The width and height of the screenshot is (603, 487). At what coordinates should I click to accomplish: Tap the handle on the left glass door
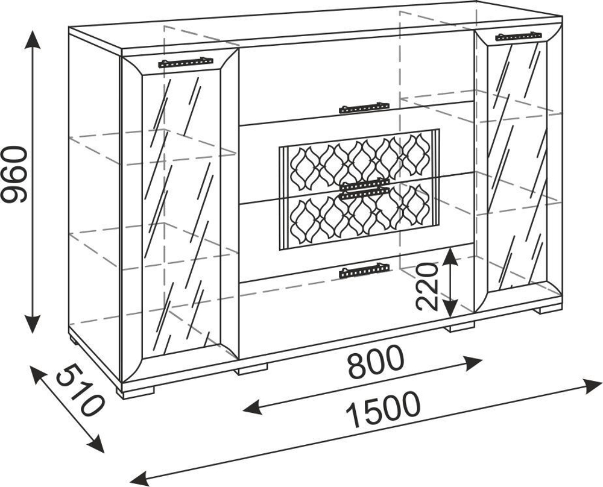click(x=186, y=61)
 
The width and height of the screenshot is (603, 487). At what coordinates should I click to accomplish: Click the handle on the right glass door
click(x=518, y=36)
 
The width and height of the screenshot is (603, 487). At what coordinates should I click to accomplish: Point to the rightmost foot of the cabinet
click(x=548, y=310)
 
